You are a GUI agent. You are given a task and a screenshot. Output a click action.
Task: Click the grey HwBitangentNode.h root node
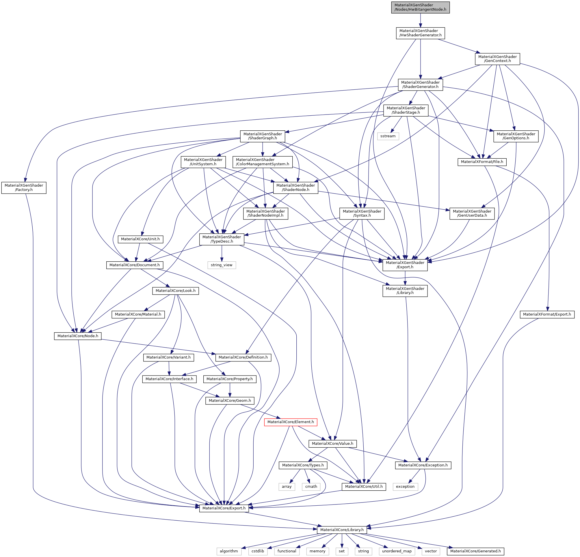point(420,7)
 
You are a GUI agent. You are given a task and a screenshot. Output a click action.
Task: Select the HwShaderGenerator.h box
point(420,33)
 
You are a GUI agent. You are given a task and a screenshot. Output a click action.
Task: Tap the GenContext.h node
point(497,59)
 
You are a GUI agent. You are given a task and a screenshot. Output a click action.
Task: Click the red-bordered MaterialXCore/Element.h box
point(290,422)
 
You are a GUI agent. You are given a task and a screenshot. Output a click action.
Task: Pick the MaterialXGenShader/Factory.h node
point(24,187)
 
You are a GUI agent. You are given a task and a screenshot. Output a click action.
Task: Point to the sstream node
point(388,136)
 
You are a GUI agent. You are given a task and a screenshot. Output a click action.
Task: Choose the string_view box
point(221,265)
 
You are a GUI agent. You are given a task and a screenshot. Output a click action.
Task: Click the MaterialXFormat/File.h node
point(482,162)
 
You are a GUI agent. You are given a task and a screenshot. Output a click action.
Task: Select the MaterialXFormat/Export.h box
point(547,314)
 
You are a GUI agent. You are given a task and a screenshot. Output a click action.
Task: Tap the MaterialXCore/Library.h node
point(342,530)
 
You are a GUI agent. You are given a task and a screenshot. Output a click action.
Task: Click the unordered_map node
point(397,552)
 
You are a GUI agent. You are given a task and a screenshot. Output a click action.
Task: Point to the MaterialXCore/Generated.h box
point(475,552)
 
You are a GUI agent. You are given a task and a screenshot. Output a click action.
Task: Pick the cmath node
point(311,487)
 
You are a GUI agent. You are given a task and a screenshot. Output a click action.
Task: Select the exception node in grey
point(405,487)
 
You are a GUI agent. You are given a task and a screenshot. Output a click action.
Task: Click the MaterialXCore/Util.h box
point(364,487)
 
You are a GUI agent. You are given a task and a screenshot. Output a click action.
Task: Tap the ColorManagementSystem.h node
point(263,162)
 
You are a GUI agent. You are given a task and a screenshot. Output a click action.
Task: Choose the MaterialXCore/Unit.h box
point(140,239)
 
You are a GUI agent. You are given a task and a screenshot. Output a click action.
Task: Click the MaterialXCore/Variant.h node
point(169,358)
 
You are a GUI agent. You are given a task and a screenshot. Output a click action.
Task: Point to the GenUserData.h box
point(472,213)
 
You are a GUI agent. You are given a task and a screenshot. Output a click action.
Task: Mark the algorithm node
point(229,552)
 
